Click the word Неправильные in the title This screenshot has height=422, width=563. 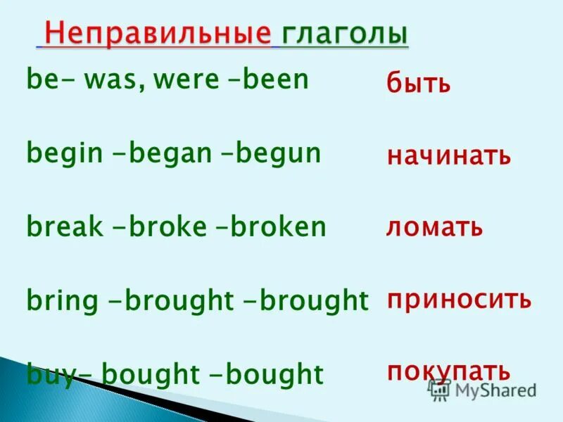click(x=157, y=34)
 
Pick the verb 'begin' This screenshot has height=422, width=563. click(x=63, y=153)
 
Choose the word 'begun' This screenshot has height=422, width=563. click(x=278, y=153)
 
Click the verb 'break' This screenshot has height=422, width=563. click(x=63, y=226)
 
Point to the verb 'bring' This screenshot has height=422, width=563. click(x=62, y=300)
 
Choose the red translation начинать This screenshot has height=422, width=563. click(x=448, y=156)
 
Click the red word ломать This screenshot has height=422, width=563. click(x=434, y=228)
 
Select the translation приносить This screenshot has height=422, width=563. click(x=459, y=300)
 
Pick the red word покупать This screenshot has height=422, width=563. click(x=448, y=371)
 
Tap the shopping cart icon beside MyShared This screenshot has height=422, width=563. click(x=440, y=390)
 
